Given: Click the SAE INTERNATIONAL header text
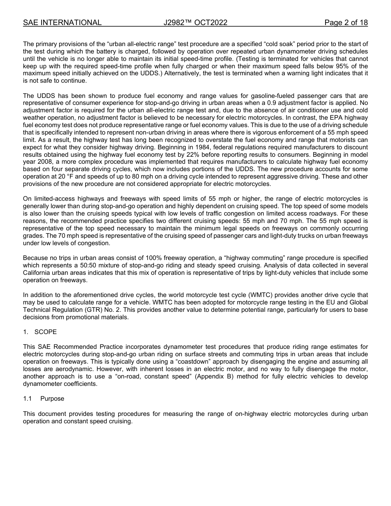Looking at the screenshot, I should (62, 23).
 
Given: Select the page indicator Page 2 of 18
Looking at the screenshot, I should (346, 23).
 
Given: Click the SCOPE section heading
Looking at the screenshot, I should (46, 332).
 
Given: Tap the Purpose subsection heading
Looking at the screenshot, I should (52, 399).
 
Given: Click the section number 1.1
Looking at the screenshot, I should (28, 399).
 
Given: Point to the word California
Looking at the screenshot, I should (37, 273).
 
